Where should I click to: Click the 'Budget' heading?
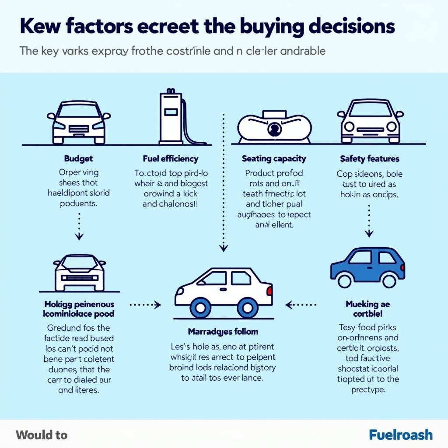click(78, 159)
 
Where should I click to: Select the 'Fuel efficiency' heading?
click(170, 159)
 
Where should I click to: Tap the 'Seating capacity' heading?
click(274, 159)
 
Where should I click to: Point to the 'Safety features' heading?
click(370, 159)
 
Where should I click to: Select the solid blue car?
click(367, 267)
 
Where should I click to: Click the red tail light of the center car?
click(269, 290)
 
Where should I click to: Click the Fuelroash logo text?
click(401, 435)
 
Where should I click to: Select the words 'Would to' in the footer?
click(42, 435)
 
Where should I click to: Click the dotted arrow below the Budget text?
click(79, 226)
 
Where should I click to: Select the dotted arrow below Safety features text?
click(369, 220)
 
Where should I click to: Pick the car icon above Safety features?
click(370, 121)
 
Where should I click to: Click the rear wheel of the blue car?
click(388, 280)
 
